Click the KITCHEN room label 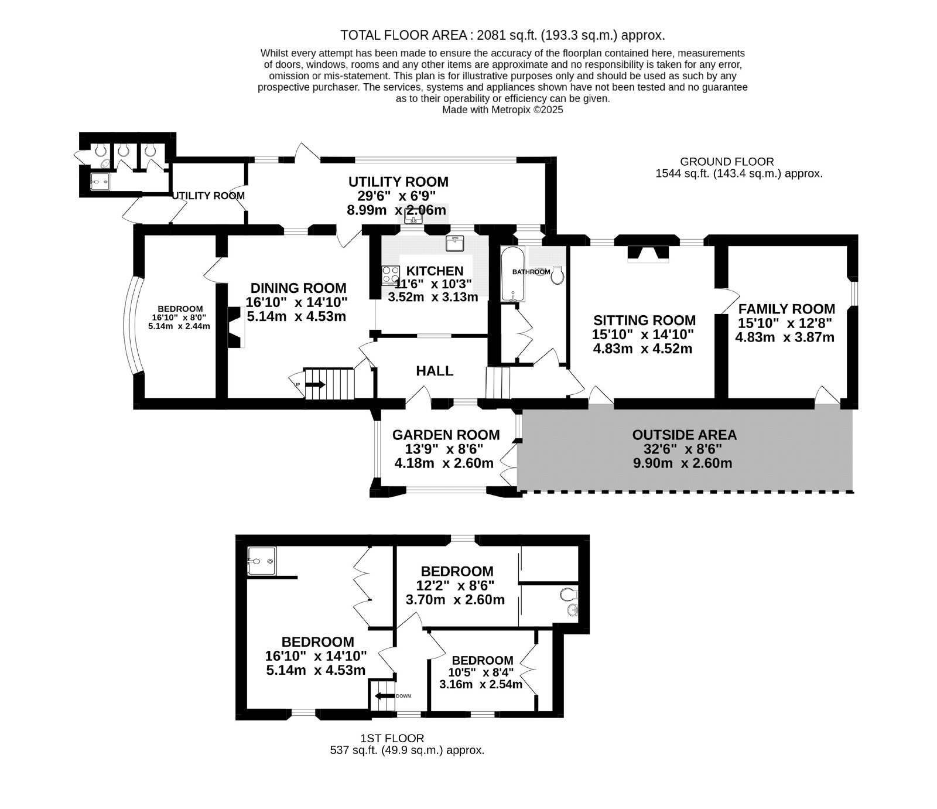[435, 271]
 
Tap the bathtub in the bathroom [513, 274]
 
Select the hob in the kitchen [389, 275]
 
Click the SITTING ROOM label [644, 320]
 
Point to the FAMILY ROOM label [786, 309]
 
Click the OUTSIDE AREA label [684, 435]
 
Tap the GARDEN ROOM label [446, 435]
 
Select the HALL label [435, 371]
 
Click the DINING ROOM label [298, 288]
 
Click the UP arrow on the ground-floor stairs [314, 385]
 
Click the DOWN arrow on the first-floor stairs [384, 696]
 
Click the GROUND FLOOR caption [726, 162]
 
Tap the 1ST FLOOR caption [392, 739]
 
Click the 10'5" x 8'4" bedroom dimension [483, 673]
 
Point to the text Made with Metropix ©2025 [502, 110]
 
